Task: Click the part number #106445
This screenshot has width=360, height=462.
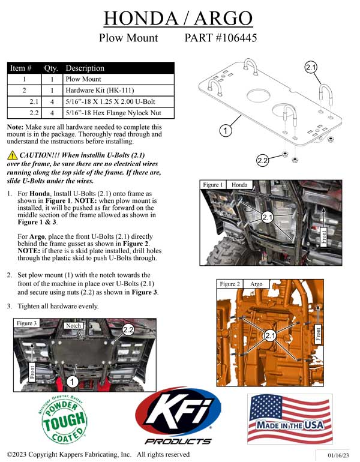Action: pos(221,38)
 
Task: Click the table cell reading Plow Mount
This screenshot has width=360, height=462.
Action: pos(83,79)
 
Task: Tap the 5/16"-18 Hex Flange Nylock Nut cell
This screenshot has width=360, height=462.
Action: pos(113,112)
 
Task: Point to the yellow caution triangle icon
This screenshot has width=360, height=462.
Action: pos(12,155)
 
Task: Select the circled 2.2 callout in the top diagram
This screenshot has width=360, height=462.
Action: pos(262,160)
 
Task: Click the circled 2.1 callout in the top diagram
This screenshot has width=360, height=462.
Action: pos(311,68)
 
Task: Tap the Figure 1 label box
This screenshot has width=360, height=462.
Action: pos(214,185)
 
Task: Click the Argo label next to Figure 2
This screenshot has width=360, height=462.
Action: pos(256,284)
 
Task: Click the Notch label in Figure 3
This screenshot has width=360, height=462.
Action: pos(73,325)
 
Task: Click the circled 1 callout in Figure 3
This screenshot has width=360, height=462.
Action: pos(72,380)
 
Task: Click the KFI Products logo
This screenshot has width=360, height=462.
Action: pos(178,418)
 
